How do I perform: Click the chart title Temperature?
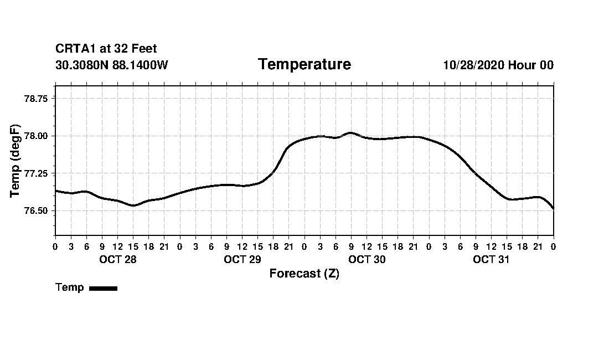304,65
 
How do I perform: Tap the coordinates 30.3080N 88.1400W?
111,65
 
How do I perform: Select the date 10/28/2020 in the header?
473,65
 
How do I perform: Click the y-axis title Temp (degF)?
15,161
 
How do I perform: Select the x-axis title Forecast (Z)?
304,274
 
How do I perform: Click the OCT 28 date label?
117,260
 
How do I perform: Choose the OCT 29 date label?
242,260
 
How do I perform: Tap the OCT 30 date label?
367,260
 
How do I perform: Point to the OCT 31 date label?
491,260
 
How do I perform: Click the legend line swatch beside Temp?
103,288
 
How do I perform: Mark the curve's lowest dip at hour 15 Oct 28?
133,205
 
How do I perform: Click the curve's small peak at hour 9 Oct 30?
350,132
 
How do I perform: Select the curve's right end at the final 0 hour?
553,209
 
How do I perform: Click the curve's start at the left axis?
56,191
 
